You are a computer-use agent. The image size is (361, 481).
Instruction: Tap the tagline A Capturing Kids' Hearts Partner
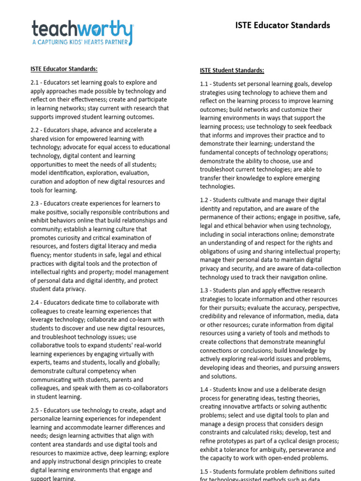pyautogui.click(x=82, y=42)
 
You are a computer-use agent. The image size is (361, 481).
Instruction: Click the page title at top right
pyautogui.click(x=283, y=25)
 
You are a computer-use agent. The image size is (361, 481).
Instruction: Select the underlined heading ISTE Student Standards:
pyautogui.click(x=232, y=70)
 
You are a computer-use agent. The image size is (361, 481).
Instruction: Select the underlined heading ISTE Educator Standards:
pyautogui.click(x=64, y=69)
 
